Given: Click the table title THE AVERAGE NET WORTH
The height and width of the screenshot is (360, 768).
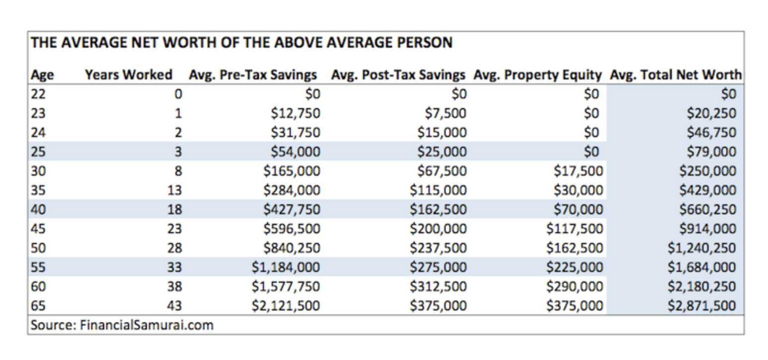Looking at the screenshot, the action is coord(242,43).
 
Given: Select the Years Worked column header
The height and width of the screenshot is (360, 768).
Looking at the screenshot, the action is coord(128,75).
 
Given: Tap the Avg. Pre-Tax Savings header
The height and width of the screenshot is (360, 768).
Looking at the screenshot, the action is coord(253,75).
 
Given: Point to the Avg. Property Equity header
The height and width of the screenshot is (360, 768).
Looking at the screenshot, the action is coord(538,75).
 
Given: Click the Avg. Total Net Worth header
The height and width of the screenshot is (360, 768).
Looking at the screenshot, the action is coord(676,75).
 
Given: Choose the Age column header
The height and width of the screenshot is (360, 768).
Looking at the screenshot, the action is coord(42,75).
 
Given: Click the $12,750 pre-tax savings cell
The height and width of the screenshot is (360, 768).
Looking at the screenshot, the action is coord(296,114).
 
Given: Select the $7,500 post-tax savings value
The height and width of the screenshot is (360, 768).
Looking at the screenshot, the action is coord(446,114).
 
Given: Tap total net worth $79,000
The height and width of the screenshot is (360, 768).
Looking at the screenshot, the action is coord(711,152).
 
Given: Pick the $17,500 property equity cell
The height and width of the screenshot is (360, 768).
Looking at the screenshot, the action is coord(578,171).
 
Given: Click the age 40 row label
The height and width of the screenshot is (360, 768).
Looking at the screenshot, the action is coord(38,209).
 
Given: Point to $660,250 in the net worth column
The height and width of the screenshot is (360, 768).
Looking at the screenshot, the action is coord(707,209).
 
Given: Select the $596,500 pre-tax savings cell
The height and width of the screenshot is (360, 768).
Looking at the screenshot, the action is coord(292,229).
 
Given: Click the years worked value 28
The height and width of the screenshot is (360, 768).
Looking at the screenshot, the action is coord(175,248).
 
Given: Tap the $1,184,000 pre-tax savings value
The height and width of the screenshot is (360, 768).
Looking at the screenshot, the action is coord(286,267).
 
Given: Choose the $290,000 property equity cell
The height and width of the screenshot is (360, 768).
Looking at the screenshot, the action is coord(575,286).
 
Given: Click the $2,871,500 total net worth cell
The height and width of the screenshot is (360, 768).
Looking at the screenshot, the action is coord(702,305).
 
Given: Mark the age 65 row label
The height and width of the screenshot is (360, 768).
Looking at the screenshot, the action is coord(38,305).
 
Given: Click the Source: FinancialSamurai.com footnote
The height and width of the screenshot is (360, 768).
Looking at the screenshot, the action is coord(122,325).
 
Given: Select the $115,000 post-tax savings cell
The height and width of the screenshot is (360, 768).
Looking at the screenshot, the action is coord(439,190).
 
